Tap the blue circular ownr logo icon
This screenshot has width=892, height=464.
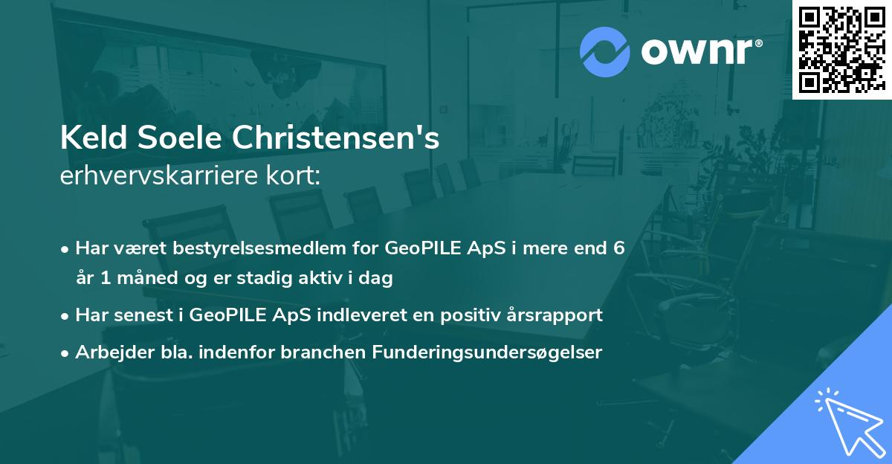[x=604, y=51]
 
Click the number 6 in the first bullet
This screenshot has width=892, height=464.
[x=618, y=248]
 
